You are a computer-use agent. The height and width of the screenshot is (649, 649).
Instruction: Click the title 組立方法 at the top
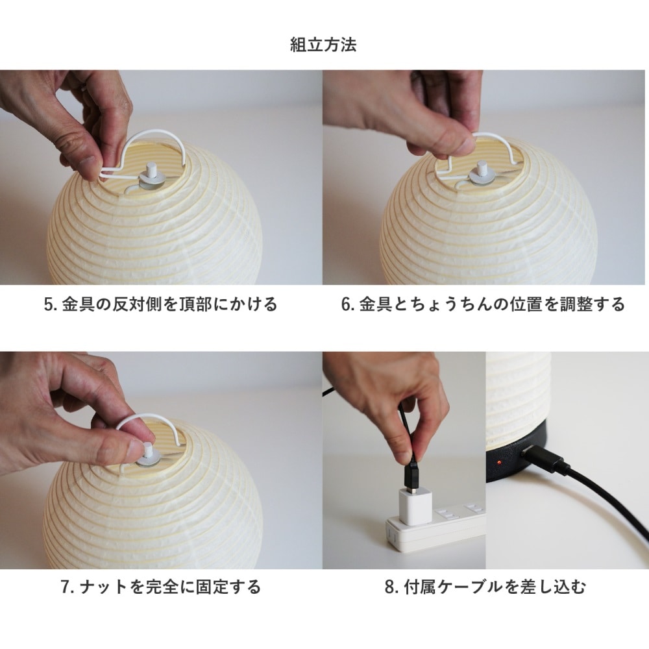pyautogui.click(x=323, y=45)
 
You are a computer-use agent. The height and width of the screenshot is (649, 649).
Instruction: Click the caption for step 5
pyautogui.click(x=160, y=304)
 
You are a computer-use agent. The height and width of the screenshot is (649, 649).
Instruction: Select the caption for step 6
pyautogui.click(x=483, y=304)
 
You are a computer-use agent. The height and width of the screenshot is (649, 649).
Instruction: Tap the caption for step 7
pyautogui.click(x=160, y=587)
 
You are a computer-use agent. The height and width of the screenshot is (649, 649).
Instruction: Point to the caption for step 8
pyautogui.click(x=485, y=587)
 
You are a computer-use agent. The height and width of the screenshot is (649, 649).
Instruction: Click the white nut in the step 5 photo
pyautogui.click(x=151, y=175)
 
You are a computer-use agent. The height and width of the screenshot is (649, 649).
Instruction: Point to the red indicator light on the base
pyautogui.click(x=500, y=461)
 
